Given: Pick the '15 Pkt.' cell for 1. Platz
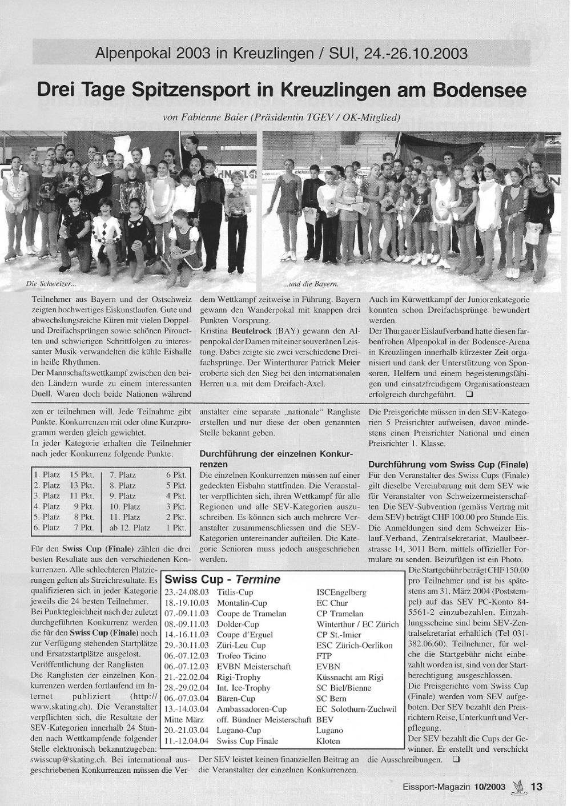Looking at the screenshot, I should tap(82, 475).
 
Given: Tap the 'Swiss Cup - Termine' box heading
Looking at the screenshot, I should tap(223, 579).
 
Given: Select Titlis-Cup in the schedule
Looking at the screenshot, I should tap(235, 593).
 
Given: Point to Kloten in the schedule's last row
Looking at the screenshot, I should tap(328, 741).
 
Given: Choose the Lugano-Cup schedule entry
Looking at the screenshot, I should tap(239, 730).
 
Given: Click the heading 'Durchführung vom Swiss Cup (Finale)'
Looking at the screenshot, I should tap(448, 464).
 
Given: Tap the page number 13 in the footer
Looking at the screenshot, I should tap(537, 786).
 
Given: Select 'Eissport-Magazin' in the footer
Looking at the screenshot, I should tap(435, 787).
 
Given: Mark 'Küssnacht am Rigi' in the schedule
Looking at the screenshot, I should tap(349, 677).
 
